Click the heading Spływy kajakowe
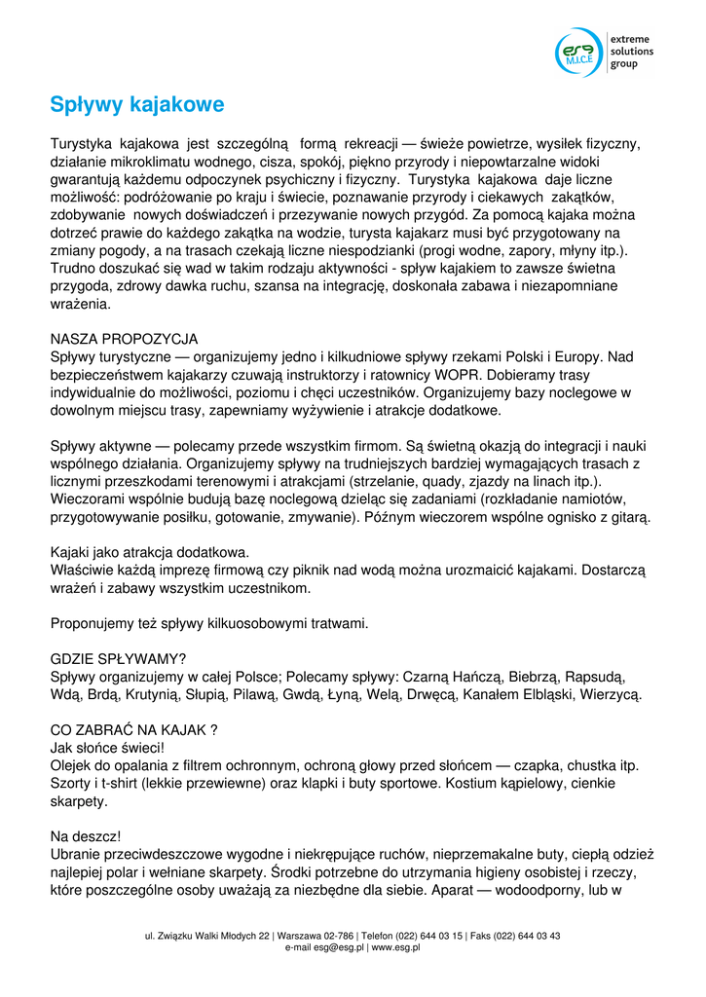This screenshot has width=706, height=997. (x=137, y=104)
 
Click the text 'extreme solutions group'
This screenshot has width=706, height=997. (x=631, y=52)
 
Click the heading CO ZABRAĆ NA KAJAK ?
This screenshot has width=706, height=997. (x=133, y=730)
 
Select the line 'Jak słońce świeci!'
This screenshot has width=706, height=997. (x=107, y=748)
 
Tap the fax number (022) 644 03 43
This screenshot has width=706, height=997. (x=525, y=936)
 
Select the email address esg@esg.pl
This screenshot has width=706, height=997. (x=339, y=946)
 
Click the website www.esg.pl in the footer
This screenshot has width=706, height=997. (x=395, y=946)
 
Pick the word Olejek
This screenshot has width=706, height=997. (x=73, y=766)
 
